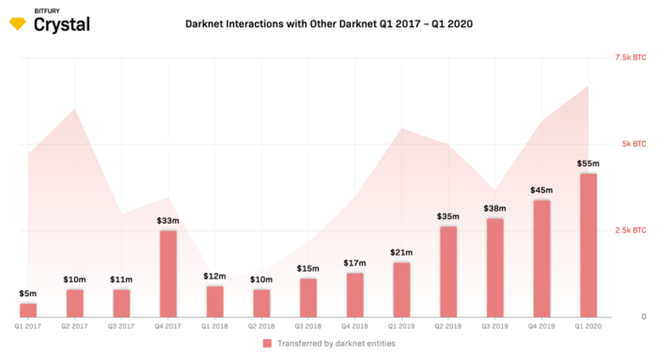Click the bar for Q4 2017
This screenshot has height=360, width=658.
168,273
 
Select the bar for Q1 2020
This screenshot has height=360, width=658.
588,245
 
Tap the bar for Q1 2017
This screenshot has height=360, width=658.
28,310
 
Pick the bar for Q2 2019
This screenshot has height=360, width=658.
448,271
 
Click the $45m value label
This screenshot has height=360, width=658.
542,190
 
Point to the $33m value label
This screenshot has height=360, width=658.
168,221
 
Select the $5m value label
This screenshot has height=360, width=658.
28,293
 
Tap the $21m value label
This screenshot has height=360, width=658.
402,252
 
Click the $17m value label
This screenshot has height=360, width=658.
355,262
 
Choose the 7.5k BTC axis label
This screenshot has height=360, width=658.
629,58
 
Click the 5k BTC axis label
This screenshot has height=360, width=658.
633,144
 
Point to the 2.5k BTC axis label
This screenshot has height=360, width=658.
629,231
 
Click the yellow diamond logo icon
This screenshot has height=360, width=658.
18,24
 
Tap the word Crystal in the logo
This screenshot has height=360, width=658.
62,25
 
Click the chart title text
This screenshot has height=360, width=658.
329,24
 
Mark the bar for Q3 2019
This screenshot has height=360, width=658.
495,267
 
